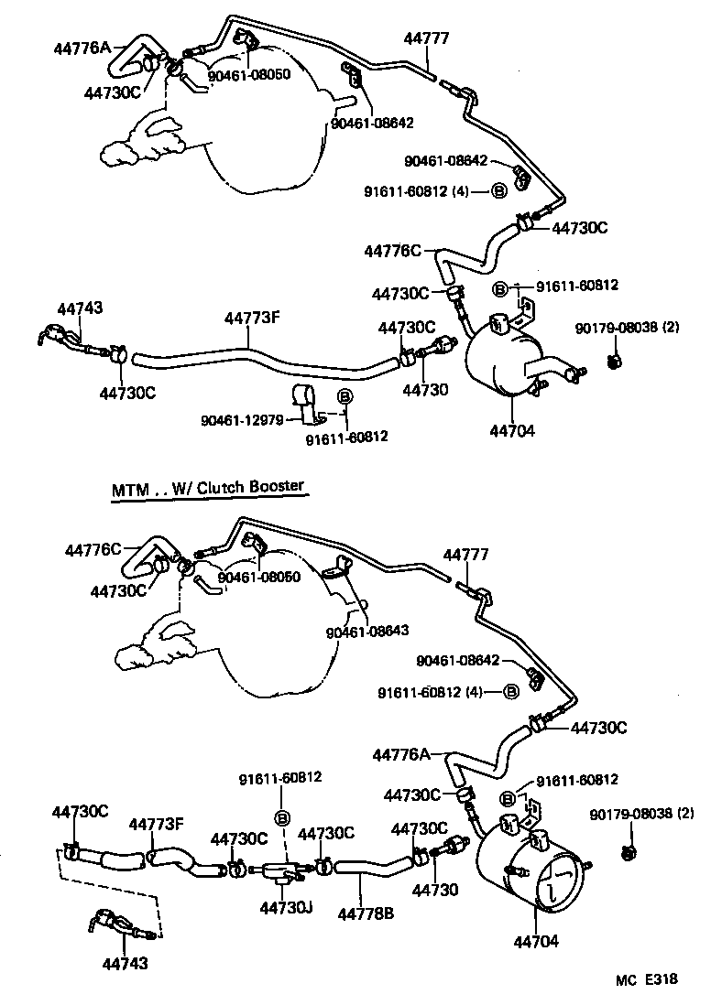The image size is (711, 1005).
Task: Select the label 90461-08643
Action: click(366, 631)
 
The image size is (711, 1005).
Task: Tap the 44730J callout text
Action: click(286, 908)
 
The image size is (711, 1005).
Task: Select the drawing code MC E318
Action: click(646, 979)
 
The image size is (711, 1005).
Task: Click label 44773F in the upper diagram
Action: click(252, 318)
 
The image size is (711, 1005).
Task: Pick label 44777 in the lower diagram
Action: click(466, 555)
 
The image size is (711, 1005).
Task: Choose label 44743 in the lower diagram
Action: click(125, 963)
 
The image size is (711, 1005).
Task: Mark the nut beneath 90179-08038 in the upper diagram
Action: click(615, 360)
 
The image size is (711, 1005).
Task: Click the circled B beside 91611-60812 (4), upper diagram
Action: click(499, 190)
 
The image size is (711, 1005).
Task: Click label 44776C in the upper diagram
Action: click(392, 250)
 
